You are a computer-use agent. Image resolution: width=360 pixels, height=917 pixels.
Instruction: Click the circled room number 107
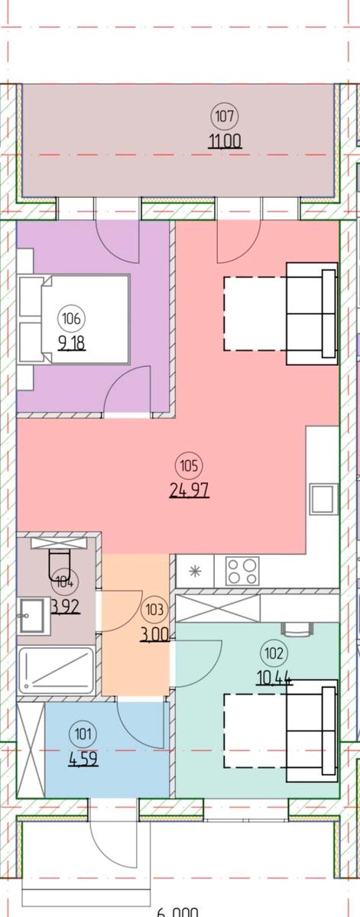click(x=223, y=117)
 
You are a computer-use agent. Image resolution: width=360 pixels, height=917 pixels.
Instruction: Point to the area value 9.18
click(x=73, y=342)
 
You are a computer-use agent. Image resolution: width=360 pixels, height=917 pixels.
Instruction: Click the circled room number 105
click(x=189, y=464)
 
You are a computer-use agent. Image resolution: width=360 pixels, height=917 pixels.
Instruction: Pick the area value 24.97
click(x=189, y=489)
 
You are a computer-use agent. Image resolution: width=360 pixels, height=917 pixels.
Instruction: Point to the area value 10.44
click(x=274, y=677)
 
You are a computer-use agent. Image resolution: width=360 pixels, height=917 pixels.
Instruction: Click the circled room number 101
click(x=83, y=736)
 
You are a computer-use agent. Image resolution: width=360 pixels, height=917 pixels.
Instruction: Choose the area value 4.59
click(x=83, y=760)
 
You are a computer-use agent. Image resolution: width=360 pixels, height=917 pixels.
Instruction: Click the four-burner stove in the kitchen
click(x=242, y=571)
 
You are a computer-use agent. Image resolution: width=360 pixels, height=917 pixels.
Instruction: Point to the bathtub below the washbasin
click(x=57, y=671)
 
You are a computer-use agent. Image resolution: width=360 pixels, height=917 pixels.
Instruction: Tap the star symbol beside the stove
click(x=194, y=571)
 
